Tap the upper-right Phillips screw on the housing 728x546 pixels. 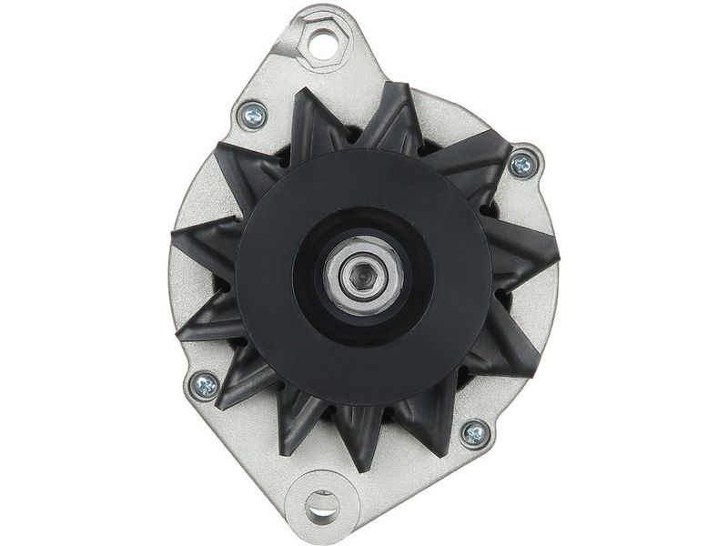pos(522,165)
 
